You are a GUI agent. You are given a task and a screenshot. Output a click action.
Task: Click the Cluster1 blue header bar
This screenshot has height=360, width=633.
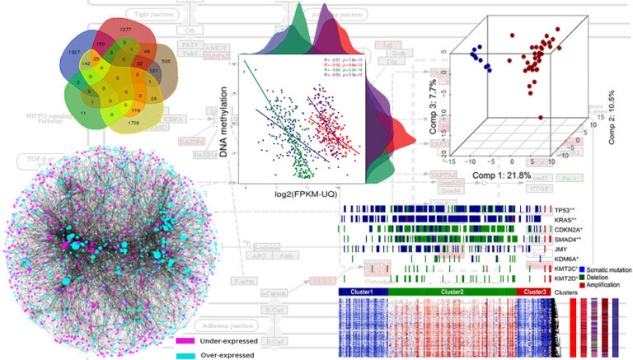tap(363, 292)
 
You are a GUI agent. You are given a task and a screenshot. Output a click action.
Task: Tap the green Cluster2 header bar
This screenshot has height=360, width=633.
tap(452, 292)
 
